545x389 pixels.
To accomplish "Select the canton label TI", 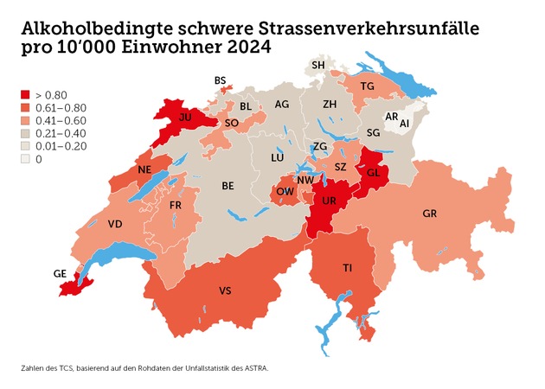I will pos(347,269).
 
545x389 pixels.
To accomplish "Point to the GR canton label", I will pos(430,213).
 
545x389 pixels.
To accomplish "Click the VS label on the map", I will pos(224,290).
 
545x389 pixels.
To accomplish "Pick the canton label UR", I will pos(330,200).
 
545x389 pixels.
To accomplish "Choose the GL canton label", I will pos(374,172).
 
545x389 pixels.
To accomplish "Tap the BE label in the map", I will pos(228,185).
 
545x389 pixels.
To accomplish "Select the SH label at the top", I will pos(318,66).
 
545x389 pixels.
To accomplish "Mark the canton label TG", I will pos(367,86).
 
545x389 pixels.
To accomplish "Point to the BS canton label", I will pos(220,80).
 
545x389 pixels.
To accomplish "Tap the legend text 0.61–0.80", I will pos(58,107).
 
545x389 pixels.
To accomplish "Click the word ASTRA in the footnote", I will pos(255,368).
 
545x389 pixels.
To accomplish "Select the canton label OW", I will pos(284,192).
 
